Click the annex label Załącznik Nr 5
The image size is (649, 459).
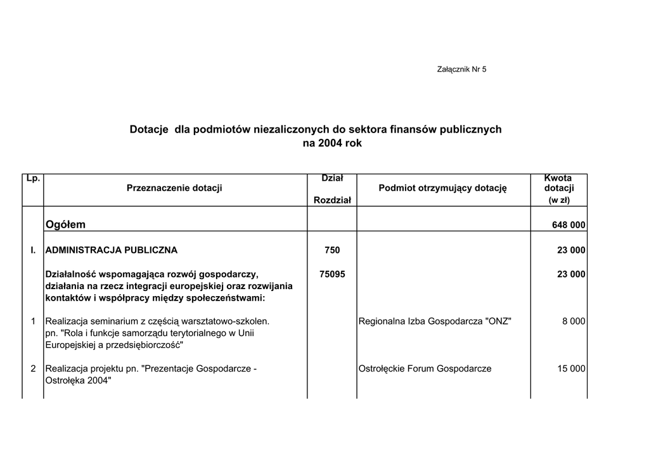pyautogui.click(x=461, y=69)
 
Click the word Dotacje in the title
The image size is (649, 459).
pyautogui.click(x=149, y=129)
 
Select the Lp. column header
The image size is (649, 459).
pyautogui.click(x=33, y=179)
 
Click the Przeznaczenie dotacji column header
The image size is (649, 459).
pyautogui.click(x=174, y=188)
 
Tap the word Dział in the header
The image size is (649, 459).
pyautogui.click(x=332, y=179)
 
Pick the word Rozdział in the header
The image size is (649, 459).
pyautogui.click(x=332, y=200)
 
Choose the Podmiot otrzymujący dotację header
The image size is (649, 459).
pyautogui.click(x=443, y=188)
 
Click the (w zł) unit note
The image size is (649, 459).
pyautogui.click(x=558, y=200)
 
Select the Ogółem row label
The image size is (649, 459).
pyautogui.click(x=66, y=224)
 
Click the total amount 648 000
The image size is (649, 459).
pyautogui.click(x=569, y=225)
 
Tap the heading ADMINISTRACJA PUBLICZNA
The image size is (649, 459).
pyautogui.click(x=112, y=250)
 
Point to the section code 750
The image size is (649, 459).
pyautogui.click(x=332, y=250)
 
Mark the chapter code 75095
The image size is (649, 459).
pyautogui.click(x=332, y=275)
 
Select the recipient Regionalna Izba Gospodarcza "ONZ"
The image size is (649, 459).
pyautogui.click(x=435, y=321)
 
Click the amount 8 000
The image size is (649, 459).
pyautogui.click(x=574, y=321)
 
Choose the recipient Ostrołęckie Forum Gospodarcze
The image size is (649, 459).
pyautogui.click(x=425, y=368)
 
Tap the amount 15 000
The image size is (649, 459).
pyautogui.click(x=571, y=368)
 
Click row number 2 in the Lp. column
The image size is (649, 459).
pyautogui.click(x=34, y=368)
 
